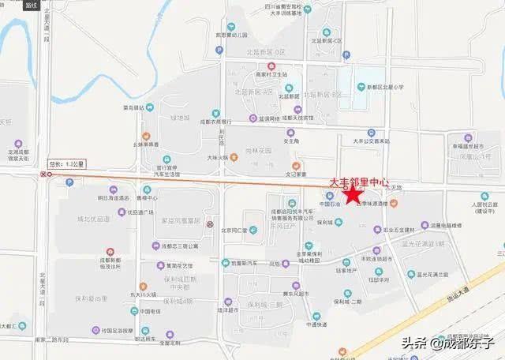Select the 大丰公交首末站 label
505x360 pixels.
(x=372, y=141)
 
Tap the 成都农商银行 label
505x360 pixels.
(x=213, y=122)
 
